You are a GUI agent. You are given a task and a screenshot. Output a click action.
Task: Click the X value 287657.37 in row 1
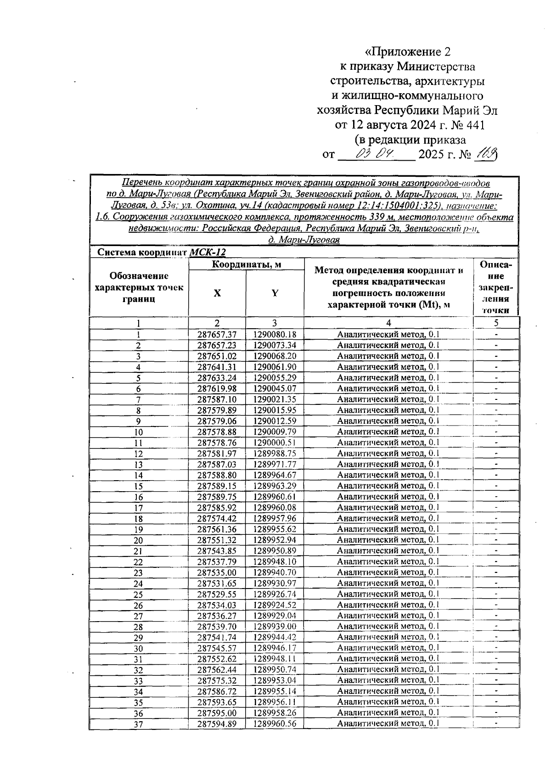tap(217, 335)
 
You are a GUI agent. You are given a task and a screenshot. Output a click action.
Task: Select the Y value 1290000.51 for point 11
tap(275, 443)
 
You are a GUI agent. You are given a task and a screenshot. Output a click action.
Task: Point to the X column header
tap(217, 293)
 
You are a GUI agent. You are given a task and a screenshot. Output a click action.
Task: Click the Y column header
tap(275, 293)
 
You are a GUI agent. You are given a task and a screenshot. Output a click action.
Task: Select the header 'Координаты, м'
tap(246, 264)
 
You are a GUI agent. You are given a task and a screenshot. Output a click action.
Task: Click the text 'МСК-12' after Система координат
tap(208, 252)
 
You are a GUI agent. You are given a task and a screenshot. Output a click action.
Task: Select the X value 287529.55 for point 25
tap(217, 595)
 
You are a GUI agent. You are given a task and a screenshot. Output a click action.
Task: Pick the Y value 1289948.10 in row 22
tap(275, 562)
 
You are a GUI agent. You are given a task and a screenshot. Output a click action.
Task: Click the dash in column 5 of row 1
tap(496, 335)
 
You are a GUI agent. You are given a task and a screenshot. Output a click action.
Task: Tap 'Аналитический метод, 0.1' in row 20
tap(388, 540)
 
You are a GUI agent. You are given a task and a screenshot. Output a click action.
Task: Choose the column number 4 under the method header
tap(388, 323)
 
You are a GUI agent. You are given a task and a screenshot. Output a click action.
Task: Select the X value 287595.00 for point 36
tap(217, 713)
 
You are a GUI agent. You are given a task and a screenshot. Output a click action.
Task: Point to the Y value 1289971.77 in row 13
tap(275, 465)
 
